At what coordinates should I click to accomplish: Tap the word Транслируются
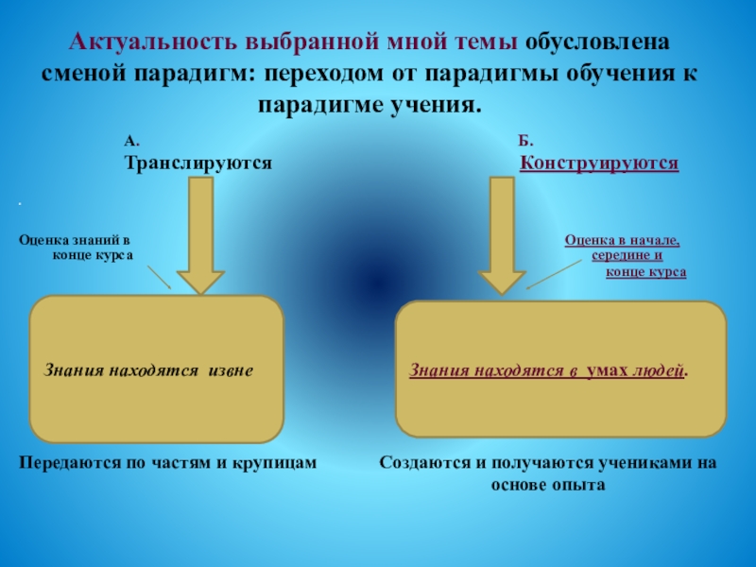(x=198, y=163)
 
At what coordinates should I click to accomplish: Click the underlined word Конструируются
(x=600, y=163)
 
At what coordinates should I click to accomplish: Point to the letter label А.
(x=131, y=141)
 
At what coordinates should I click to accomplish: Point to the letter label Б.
(x=526, y=141)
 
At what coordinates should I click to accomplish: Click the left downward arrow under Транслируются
(x=200, y=236)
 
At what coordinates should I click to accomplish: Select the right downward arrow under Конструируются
(x=501, y=236)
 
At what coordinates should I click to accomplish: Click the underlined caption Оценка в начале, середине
(x=623, y=248)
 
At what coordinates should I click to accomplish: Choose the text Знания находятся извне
(x=148, y=370)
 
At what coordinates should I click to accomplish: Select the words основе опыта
(x=547, y=484)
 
